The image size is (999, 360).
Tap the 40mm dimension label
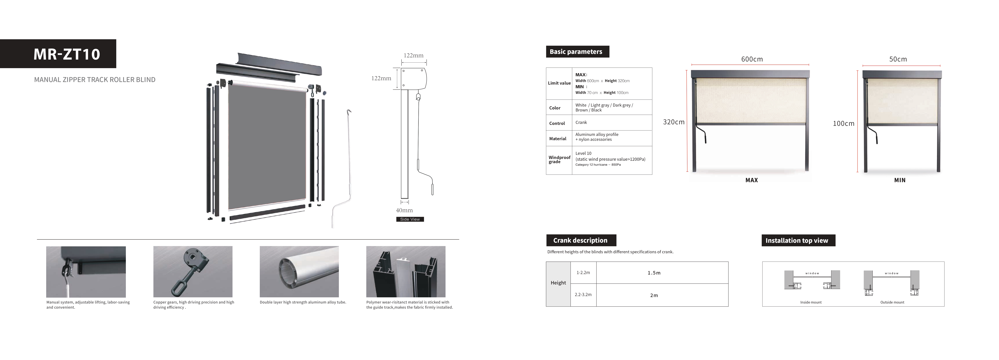pos(404,210)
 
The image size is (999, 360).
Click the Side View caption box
pos(410,219)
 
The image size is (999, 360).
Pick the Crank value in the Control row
pos(581,123)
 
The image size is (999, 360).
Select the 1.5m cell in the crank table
pos(654,273)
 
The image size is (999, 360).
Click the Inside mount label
pos(811,302)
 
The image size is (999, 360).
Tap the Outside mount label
pos(892,302)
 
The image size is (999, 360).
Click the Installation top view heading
pos(797,241)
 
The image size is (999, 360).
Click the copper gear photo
pos(193,271)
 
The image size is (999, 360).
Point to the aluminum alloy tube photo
pos(299,271)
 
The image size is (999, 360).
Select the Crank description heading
pos(580,241)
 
